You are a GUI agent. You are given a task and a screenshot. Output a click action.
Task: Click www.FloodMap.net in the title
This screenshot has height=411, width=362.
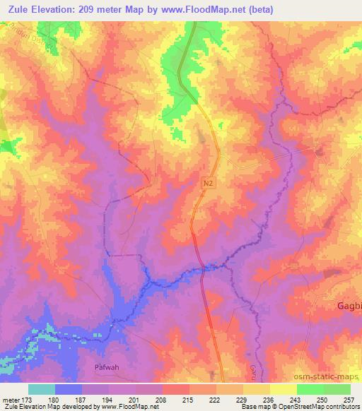(216, 10)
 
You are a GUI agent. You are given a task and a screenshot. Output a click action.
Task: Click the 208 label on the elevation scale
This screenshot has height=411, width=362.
(162, 400)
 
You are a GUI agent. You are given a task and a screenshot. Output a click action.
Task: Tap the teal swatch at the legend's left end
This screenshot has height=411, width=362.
(42, 389)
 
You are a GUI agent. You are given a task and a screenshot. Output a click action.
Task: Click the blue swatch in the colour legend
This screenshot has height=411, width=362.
(69, 389)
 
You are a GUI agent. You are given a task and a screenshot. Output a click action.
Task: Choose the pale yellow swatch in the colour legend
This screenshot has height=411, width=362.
(284, 389)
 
